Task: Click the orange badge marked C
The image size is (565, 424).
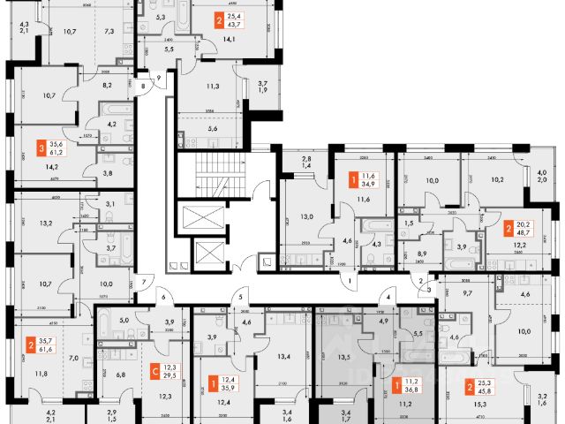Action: point(155,372)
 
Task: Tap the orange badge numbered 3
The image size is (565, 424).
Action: point(41,148)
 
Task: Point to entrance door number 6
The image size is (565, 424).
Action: point(162,298)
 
